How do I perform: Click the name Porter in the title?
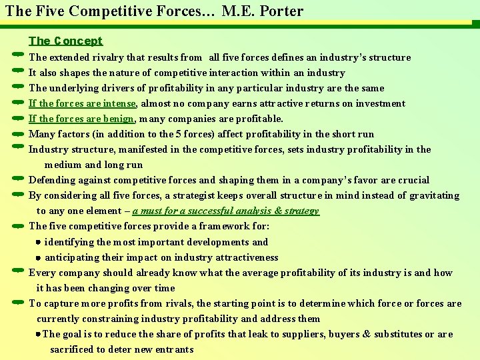281,11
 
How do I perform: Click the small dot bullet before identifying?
39,242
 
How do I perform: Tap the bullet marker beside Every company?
18,272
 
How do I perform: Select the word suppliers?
279,334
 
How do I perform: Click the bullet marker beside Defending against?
18,179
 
